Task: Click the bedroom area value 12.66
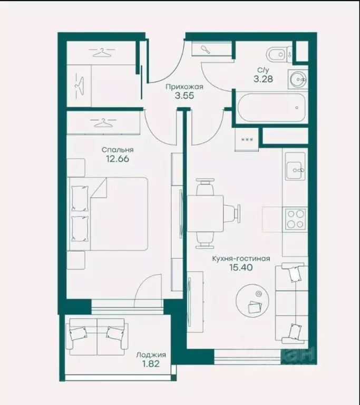click(x=118, y=159)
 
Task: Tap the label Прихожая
click(x=184, y=87)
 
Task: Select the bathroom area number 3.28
click(x=263, y=79)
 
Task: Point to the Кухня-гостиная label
click(x=241, y=258)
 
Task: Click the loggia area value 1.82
click(x=151, y=364)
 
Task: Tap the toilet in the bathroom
click(x=279, y=54)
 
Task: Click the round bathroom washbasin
click(x=298, y=79)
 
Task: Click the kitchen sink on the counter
click(x=295, y=166)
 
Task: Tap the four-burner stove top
click(x=296, y=219)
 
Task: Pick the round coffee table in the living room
click(x=252, y=301)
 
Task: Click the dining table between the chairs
click(x=206, y=214)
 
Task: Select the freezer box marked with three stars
click(x=247, y=139)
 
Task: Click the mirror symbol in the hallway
click(x=206, y=49)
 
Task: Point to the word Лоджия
click(x=151, y=355)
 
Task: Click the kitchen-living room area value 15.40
click(x=241, y=267)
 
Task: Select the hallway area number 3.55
click(x=184, y=96)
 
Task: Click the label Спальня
click(x=118, y=150)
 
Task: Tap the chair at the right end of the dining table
click(x=232, y=214)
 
